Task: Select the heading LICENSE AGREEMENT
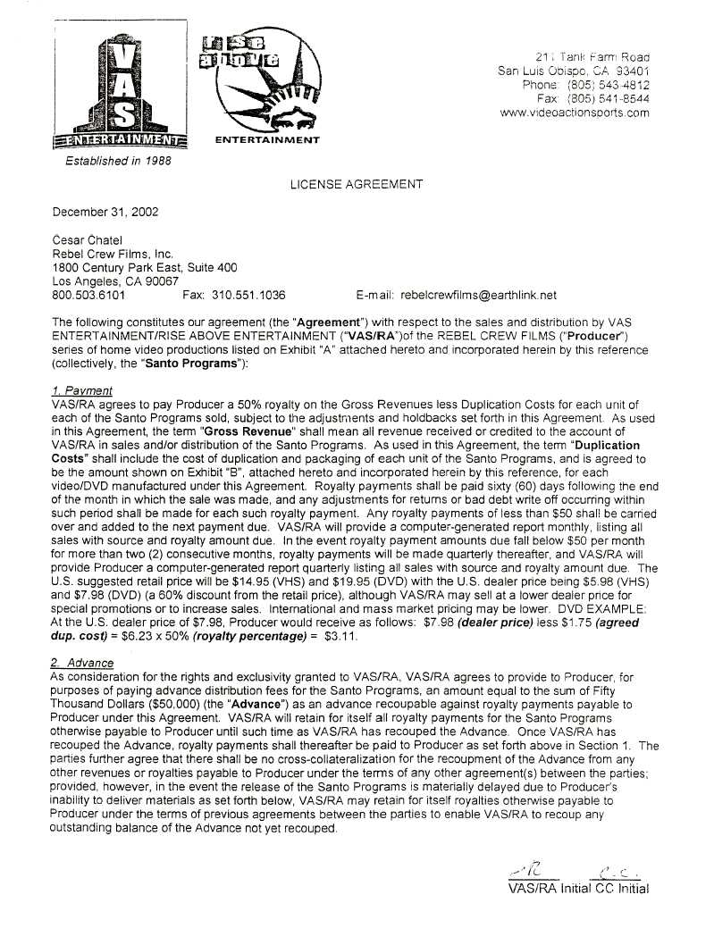click(x=357, y=184)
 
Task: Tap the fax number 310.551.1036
click(x=253, y=295)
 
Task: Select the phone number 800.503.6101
click(x=89, y=295)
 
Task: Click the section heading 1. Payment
click(x=82, y=390)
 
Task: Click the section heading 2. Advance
click(x=83, y=663)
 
